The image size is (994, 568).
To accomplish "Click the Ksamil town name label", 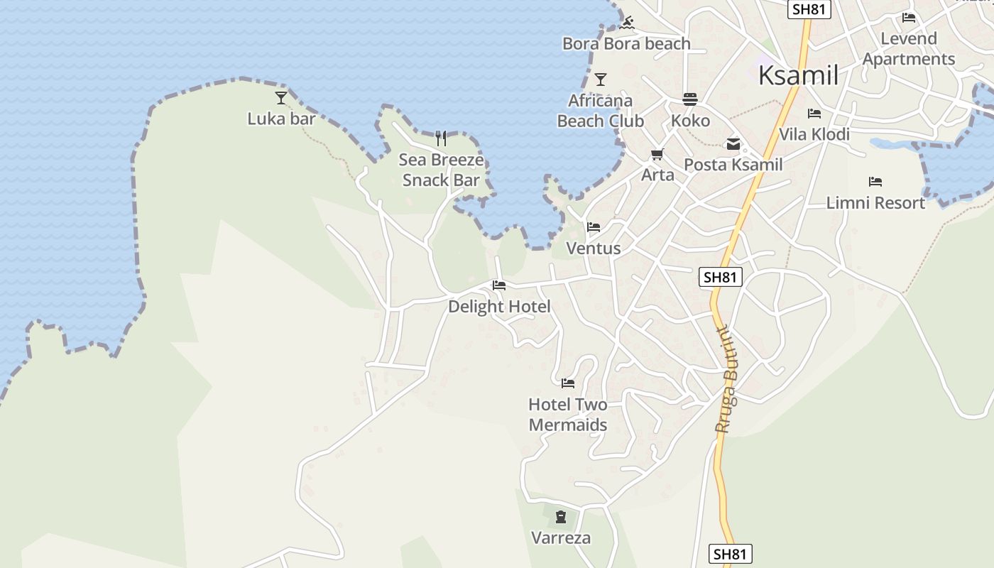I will tap(799, 75).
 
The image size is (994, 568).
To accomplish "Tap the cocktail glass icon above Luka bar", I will tap(281, 98).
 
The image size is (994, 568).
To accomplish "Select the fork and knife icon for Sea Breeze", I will tap(441, 138).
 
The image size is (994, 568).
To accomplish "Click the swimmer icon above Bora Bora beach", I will tap(626, 23).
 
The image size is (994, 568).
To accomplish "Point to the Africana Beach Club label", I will tap(601, 111).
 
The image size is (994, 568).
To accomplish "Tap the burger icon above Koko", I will tap(690, 99).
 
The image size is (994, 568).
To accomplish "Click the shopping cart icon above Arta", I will tap(657, 154).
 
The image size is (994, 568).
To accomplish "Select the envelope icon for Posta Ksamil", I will tap(733, 145).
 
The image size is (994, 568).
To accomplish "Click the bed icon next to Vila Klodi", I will tap(814, 114).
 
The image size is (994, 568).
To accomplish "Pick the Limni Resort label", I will tap(875, 203).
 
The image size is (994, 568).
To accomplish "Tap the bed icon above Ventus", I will tap(594, 227).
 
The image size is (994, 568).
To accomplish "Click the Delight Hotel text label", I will tap(499, 307).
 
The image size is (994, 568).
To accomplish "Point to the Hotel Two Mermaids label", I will tap(568, 415).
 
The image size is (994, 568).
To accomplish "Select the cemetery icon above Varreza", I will tap(561, 517).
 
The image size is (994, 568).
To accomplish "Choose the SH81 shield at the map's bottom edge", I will tap(731, 554).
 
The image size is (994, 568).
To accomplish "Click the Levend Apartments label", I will tap(909, 48).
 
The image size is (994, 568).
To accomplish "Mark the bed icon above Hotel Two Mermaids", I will tap(568, 383).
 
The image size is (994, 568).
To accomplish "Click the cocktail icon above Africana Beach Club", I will tap(601, 80).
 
